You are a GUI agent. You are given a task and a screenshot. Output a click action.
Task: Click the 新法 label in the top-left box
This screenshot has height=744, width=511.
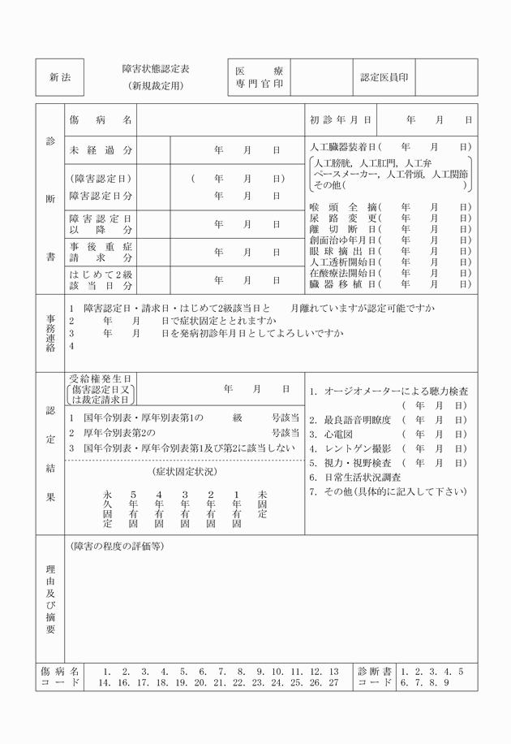tap(60, 78)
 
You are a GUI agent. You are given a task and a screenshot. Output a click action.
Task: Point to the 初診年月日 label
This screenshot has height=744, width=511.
tap(340, 120)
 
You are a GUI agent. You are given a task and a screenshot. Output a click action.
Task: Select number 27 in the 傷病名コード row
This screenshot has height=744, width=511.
tap(333, 683)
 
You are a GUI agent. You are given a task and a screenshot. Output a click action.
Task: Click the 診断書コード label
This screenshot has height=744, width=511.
tap(376, 677)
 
